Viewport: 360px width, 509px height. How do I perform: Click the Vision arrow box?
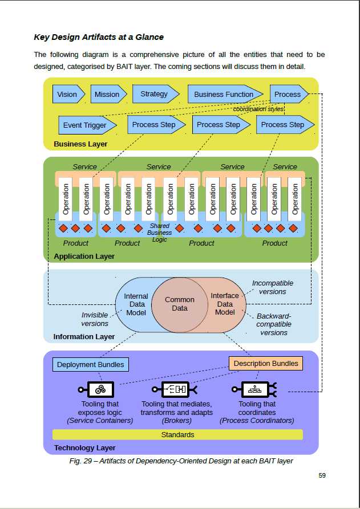68,95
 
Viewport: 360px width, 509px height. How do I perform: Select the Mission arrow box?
108,95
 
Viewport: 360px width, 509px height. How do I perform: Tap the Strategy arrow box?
155,94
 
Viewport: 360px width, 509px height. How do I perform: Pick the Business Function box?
224,95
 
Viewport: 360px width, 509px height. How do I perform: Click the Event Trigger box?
86,125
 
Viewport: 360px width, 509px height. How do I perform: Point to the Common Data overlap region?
180,304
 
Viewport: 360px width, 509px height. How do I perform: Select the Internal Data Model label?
136,304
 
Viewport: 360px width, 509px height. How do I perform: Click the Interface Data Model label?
225,304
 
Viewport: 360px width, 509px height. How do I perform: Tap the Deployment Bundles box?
91,364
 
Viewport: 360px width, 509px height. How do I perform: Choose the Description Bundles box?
266,363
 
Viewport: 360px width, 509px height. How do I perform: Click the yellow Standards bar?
177,434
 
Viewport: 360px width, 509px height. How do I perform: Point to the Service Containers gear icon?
99,390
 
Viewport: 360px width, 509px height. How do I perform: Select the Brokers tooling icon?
175,390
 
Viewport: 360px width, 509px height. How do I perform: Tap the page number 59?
322,475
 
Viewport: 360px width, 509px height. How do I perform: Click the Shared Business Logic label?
159,233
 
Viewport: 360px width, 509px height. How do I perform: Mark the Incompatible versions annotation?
273,287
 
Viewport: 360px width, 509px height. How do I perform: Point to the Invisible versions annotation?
95,319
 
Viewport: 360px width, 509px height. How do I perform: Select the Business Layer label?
80,144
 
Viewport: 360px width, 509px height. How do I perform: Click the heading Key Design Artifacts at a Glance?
99,37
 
